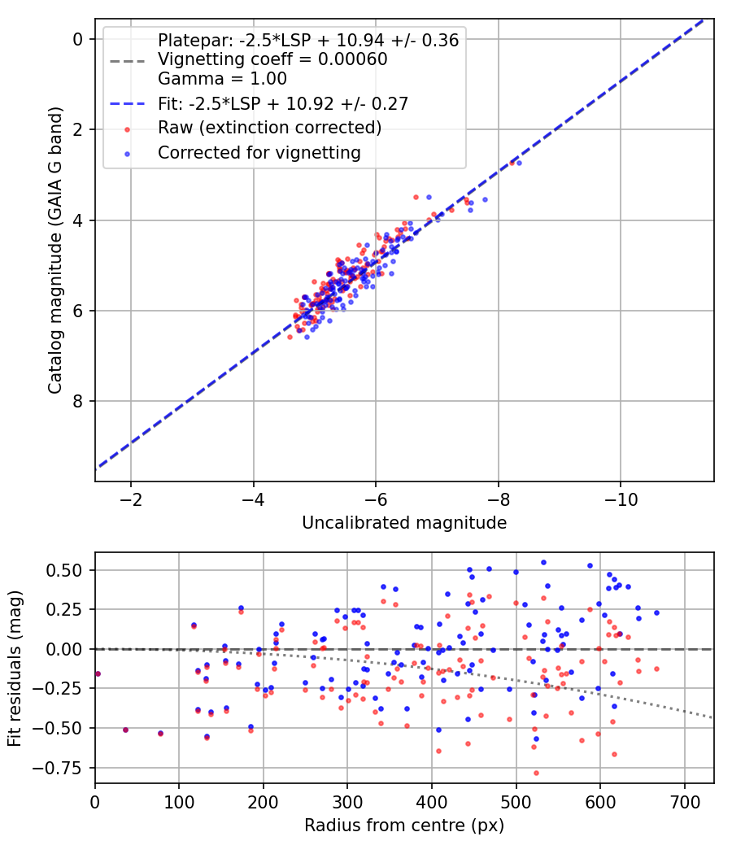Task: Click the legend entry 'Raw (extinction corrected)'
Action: tap(269, 128)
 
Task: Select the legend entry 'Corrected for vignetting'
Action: tap(259, 152)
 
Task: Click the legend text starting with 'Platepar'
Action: tap(308, 40)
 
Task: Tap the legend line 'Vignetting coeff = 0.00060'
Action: tap(272, 59)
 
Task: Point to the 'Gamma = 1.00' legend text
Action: tap(222, 79)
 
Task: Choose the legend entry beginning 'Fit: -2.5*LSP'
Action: tap(282, 103)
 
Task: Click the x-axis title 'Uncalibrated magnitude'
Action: tap(404, 523)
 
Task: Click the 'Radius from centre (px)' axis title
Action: tap(404, 826)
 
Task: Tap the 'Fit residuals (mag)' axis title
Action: tap(15, 668)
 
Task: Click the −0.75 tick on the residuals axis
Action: tap(64, 767)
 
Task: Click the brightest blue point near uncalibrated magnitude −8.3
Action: tap(519, 163)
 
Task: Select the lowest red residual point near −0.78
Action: tap(536, 773)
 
